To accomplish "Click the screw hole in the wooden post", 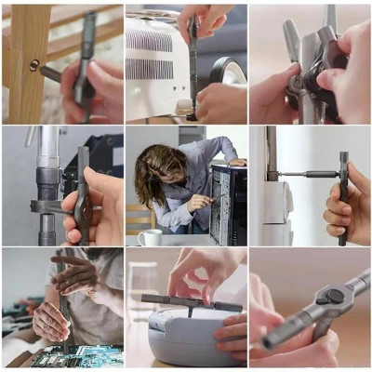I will [x=34, y=65].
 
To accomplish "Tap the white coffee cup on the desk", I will [x=150, y=237].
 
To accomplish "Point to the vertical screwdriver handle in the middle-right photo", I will [x=343, y=195].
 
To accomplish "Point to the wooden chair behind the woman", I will [x=139, y=219].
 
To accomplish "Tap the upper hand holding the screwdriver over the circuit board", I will [x=74, y=274].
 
